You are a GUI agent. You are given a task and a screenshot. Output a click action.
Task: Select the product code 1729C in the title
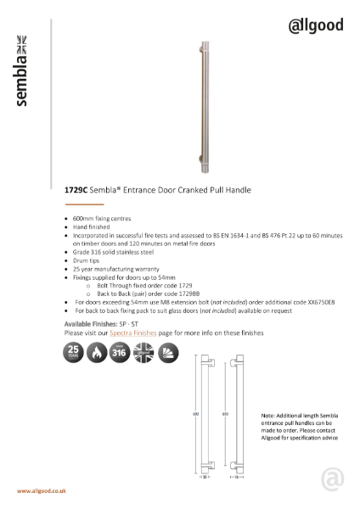click(76, 191)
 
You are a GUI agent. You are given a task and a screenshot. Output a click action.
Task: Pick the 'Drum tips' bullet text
click(86, 260)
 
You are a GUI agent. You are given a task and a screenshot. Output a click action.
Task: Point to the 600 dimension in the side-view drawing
click(225, 416)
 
